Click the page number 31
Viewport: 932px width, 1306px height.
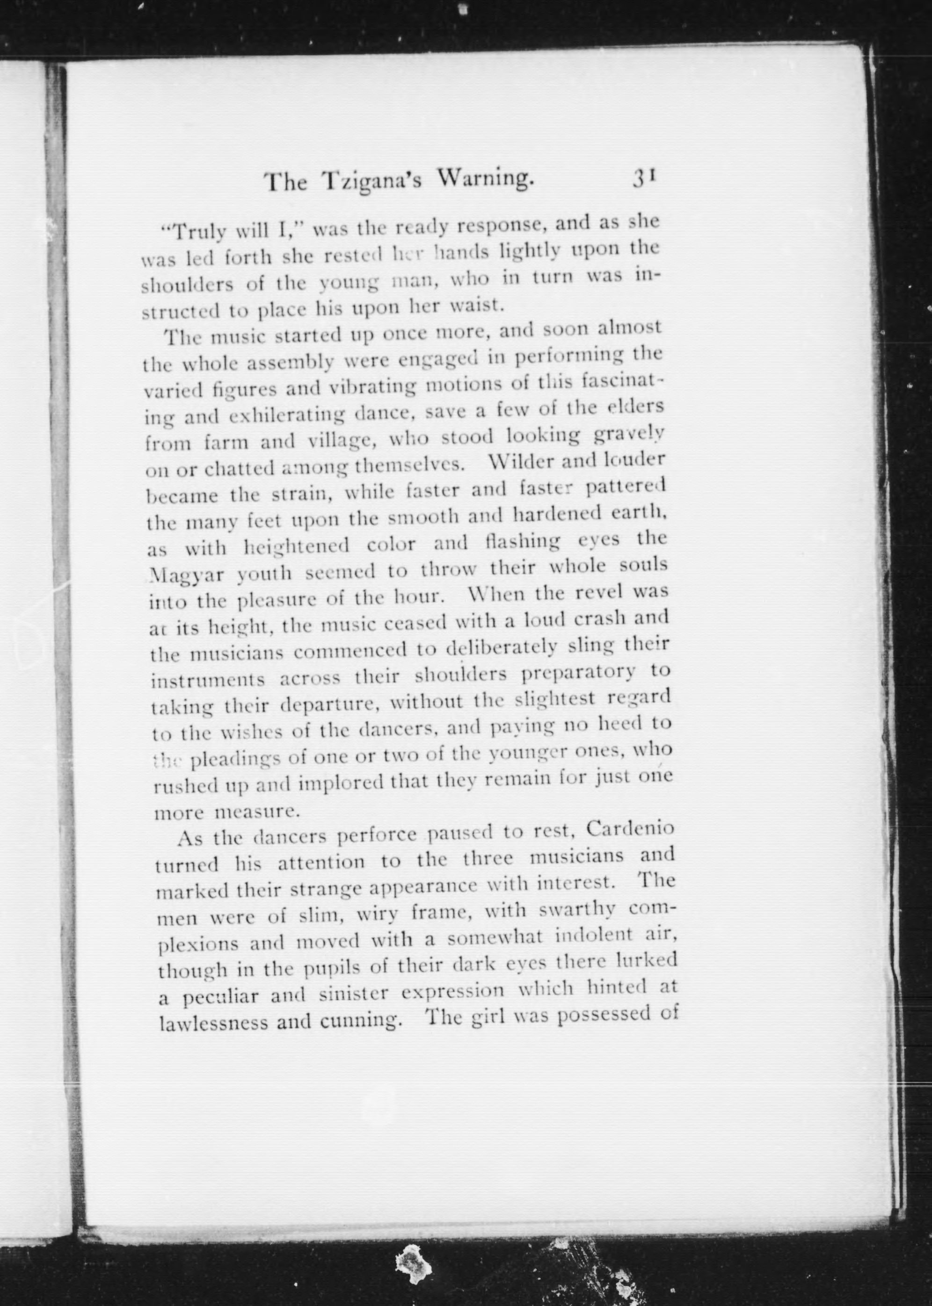tap(644, 176)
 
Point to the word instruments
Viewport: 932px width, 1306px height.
tap(208, 681)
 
